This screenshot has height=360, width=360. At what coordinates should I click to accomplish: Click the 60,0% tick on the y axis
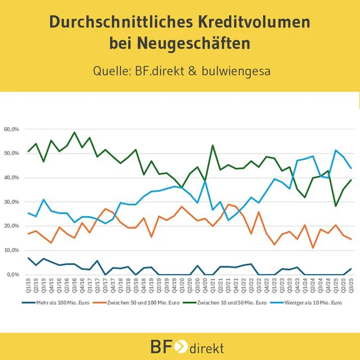click(12, 129)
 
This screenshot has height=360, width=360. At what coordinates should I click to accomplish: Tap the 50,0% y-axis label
click(12, 154)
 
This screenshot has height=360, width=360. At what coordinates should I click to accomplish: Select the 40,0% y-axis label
click(12, 178)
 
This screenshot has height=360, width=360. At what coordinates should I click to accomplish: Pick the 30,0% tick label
click(12, 202)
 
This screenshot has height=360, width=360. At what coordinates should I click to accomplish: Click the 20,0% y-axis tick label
click(12, 226)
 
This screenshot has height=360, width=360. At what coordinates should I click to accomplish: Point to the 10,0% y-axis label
click(12, 250)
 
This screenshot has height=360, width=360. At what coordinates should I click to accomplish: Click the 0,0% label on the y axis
click(13, 274)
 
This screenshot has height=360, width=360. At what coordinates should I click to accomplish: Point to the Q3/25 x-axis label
click(351, 286)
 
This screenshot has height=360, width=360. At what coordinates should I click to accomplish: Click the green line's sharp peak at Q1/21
click(213, 145)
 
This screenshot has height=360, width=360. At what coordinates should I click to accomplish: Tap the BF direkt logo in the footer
click(180, 345)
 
